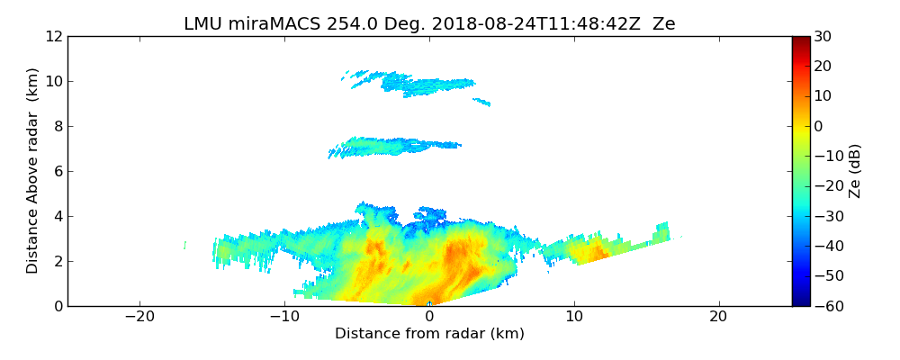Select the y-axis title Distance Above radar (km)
33,170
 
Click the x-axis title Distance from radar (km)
429,334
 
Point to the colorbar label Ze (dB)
855,170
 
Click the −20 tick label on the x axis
139,317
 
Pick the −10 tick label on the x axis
284,317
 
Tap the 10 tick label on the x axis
573,317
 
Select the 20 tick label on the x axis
718,317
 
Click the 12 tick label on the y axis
54,36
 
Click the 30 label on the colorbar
823,36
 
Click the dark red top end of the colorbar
801,40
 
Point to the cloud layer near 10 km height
423,85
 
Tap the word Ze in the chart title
663,24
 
